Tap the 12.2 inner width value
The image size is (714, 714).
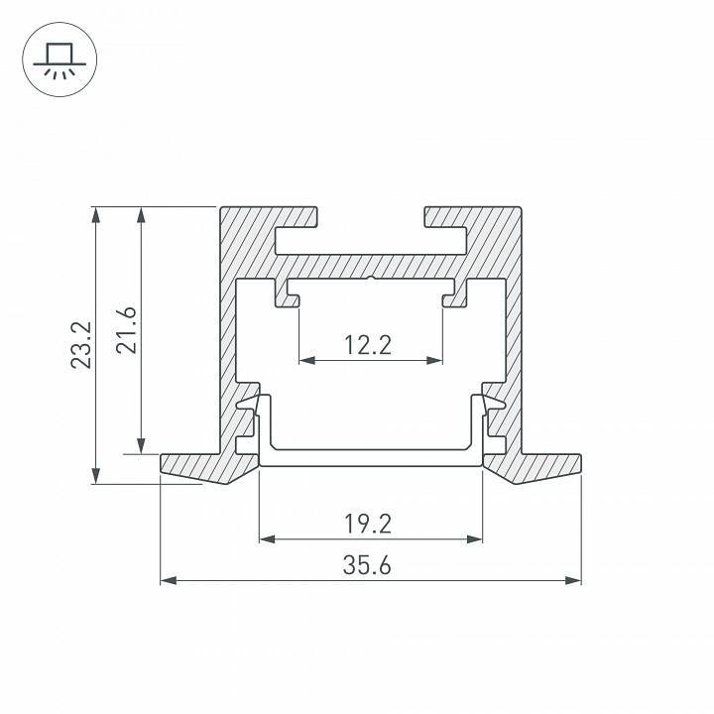click(369, 345)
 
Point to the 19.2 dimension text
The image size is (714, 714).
click(369, 522)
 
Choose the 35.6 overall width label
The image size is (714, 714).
click(369, 565)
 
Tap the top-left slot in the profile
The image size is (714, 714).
click(297, 238)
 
